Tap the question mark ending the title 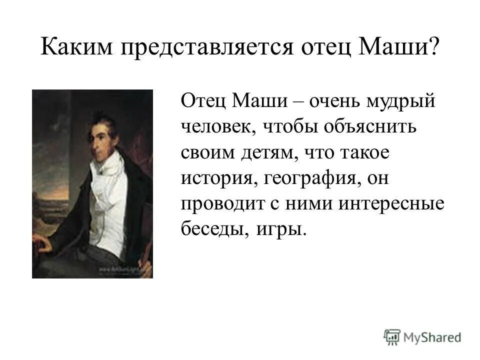point(433,48)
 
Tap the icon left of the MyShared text point(392,336)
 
